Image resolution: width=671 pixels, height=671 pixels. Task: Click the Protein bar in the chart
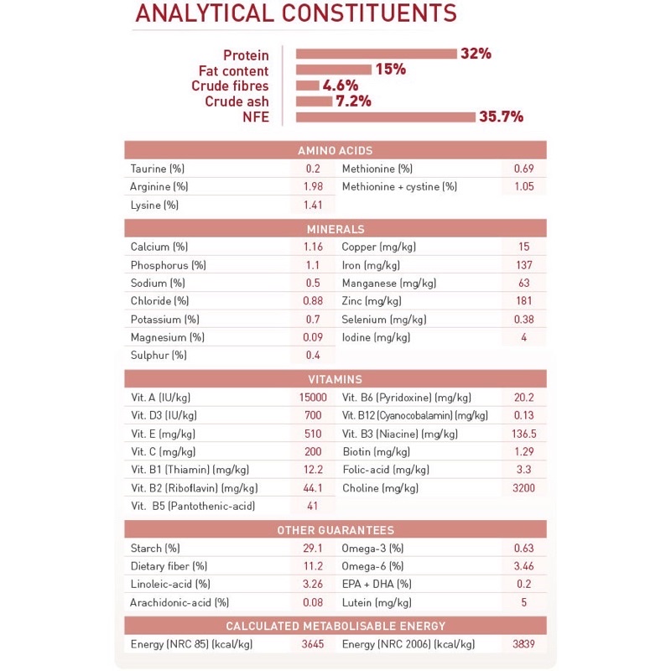coord(376,54)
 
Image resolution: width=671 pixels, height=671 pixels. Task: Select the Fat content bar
coord(333,70)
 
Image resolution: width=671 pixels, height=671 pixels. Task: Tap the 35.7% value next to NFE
coord(501,117)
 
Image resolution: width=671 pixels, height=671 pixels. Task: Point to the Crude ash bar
coord(314,101)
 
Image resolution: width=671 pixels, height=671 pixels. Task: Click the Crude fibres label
coord(230,86)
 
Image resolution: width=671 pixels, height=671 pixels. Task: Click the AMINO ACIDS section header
coord(335,150)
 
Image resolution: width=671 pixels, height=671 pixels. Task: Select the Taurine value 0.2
coord(313,169)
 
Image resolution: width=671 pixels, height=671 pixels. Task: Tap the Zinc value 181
coord(523,301)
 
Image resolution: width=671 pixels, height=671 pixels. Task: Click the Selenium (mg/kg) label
coord(383,320)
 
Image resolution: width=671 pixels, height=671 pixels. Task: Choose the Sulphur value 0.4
coord(313,355)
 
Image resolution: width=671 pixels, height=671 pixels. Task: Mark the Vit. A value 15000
coord(313,398)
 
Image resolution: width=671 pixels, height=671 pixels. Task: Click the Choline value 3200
coord(523,488)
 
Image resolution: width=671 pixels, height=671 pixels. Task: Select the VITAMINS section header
coord(335,379)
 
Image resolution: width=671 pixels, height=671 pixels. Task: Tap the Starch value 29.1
coord(313,549)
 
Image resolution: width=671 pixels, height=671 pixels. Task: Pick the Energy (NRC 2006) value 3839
coord(523,644)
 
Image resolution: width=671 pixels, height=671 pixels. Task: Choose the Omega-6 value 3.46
coord(523,567)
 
